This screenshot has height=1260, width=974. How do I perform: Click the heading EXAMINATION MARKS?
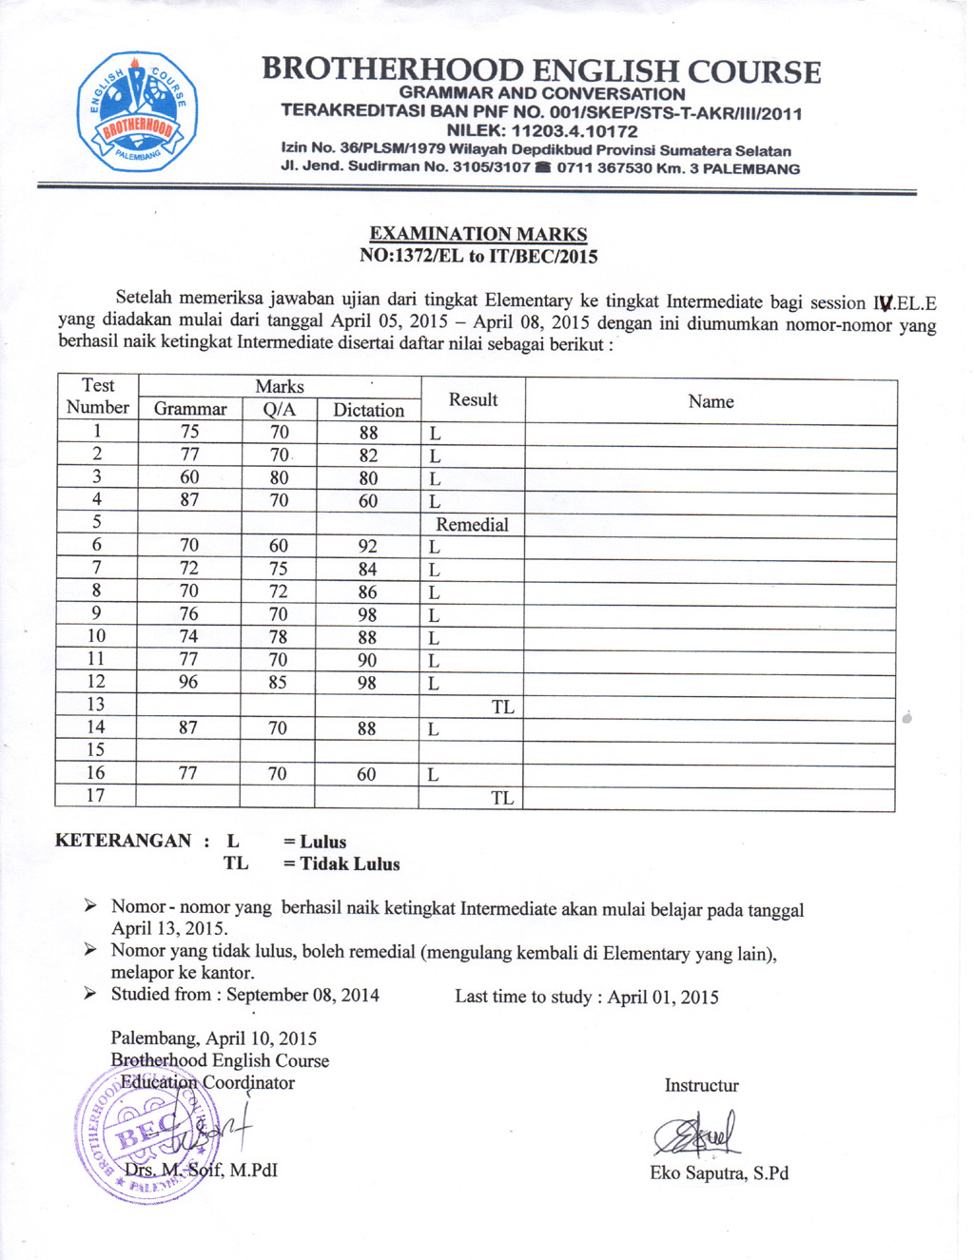[478, 234]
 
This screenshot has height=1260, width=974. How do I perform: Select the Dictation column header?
[368, 410]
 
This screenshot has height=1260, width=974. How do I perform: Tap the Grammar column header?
[190, 409]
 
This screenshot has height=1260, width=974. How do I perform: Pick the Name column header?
[711, 401]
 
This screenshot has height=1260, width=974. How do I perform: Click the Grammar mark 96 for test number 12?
[189, 682]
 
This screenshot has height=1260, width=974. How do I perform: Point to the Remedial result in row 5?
[472, 524]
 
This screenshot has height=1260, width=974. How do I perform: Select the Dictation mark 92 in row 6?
[367, 546]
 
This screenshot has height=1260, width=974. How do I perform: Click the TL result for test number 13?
[502, 707]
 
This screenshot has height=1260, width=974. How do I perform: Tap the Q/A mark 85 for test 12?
[278, 682]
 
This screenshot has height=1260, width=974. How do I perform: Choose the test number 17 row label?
[96, 795]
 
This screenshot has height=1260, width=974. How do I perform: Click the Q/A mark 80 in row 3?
[279, 477]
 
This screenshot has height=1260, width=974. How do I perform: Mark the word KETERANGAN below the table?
[124, 841]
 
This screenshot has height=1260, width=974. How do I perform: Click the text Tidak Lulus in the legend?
[350, 864]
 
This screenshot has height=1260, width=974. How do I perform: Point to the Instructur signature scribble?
[697, 1134]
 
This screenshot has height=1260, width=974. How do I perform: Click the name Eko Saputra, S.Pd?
[719, 1173]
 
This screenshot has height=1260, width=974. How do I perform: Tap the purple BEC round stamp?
[147, 1134]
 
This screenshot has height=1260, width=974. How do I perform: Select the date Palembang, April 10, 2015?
[214, 1038]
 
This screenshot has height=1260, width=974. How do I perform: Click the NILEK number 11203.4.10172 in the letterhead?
[542, 131]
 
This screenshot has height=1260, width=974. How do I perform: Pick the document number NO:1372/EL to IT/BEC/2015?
[478, 256]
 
